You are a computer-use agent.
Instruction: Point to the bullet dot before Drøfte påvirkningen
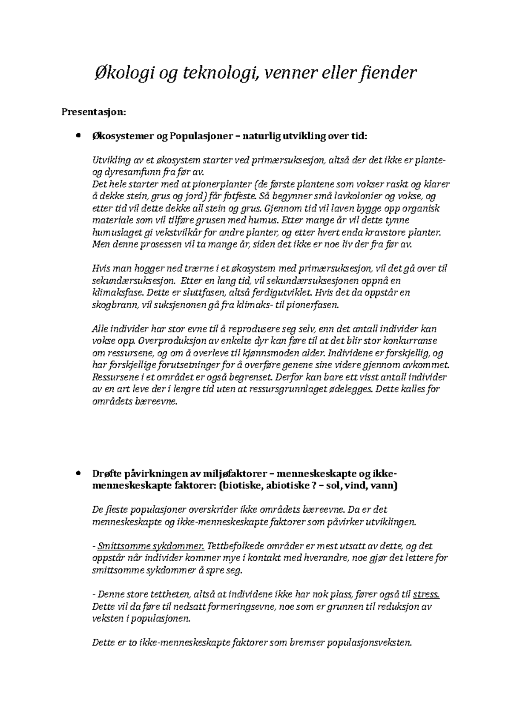tap(77, 473)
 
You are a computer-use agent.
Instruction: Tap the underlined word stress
tap(426, 594)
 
